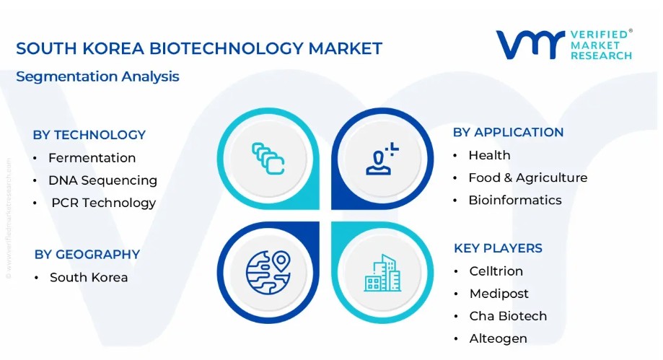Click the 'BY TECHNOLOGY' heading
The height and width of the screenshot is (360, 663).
(89, 135)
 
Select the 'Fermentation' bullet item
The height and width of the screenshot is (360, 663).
(92, 158)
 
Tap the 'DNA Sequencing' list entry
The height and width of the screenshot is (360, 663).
(102, 180)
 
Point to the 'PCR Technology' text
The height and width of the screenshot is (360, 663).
(104, 203)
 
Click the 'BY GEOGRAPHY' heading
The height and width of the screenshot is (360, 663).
(87, 255)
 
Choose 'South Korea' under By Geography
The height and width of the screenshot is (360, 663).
(89, 278)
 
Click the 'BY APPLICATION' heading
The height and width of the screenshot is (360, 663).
(508, 133)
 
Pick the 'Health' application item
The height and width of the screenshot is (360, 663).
(489, 155)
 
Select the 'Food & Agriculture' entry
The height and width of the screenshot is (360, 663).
(527, 177)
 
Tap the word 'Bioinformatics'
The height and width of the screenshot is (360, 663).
(515, 200)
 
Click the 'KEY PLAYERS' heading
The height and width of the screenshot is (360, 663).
(498, 248)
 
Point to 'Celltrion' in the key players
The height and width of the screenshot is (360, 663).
(496, 271)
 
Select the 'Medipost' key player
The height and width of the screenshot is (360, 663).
(499, 294)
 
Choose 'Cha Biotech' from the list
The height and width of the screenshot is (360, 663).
(508, 316)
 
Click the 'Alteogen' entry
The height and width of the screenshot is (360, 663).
(498, 339)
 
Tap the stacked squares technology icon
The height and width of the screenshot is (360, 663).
(268, 159)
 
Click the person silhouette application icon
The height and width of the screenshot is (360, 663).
(382, 159)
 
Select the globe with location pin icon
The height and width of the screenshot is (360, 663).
(268, 273)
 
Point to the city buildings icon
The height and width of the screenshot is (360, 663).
(382, 273)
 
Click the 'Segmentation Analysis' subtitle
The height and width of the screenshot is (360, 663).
(97, 76)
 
